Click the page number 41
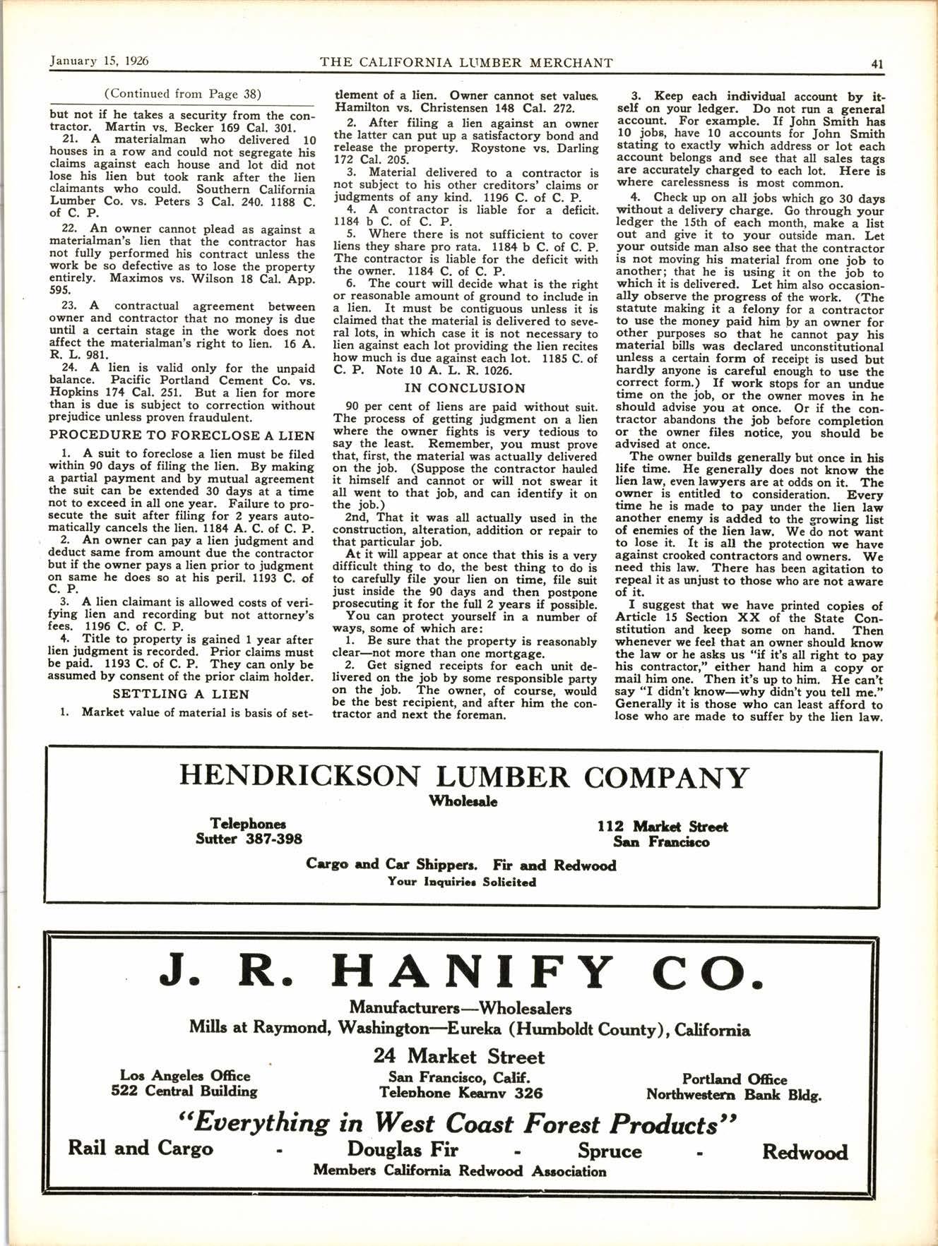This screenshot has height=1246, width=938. [x=877, y=63]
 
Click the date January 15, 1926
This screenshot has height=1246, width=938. [x=99, y=61]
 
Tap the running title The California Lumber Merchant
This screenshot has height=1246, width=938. [x=466, y=62]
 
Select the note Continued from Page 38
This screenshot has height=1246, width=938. [x=182, y=93]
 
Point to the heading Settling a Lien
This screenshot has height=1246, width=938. [x=181, y=694]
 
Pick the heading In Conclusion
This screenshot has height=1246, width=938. [x=465, y=388]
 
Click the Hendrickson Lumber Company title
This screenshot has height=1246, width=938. [x=463, y=777]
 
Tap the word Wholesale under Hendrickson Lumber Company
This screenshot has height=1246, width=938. [x=463, y=801]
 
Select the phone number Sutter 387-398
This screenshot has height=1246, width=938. [x=249, y=839]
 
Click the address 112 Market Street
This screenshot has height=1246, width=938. [x=662, y=826]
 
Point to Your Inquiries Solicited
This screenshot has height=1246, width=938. [x=461, y=882]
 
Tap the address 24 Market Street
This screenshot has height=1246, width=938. [x=459, y=1056]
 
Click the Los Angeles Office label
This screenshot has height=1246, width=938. [x=185, y=1075]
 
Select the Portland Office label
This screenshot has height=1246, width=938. [x=734, y=1079]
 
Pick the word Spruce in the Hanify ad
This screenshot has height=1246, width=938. [x=610, y=1151]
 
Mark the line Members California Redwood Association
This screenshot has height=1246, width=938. [x=460, y=1171]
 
